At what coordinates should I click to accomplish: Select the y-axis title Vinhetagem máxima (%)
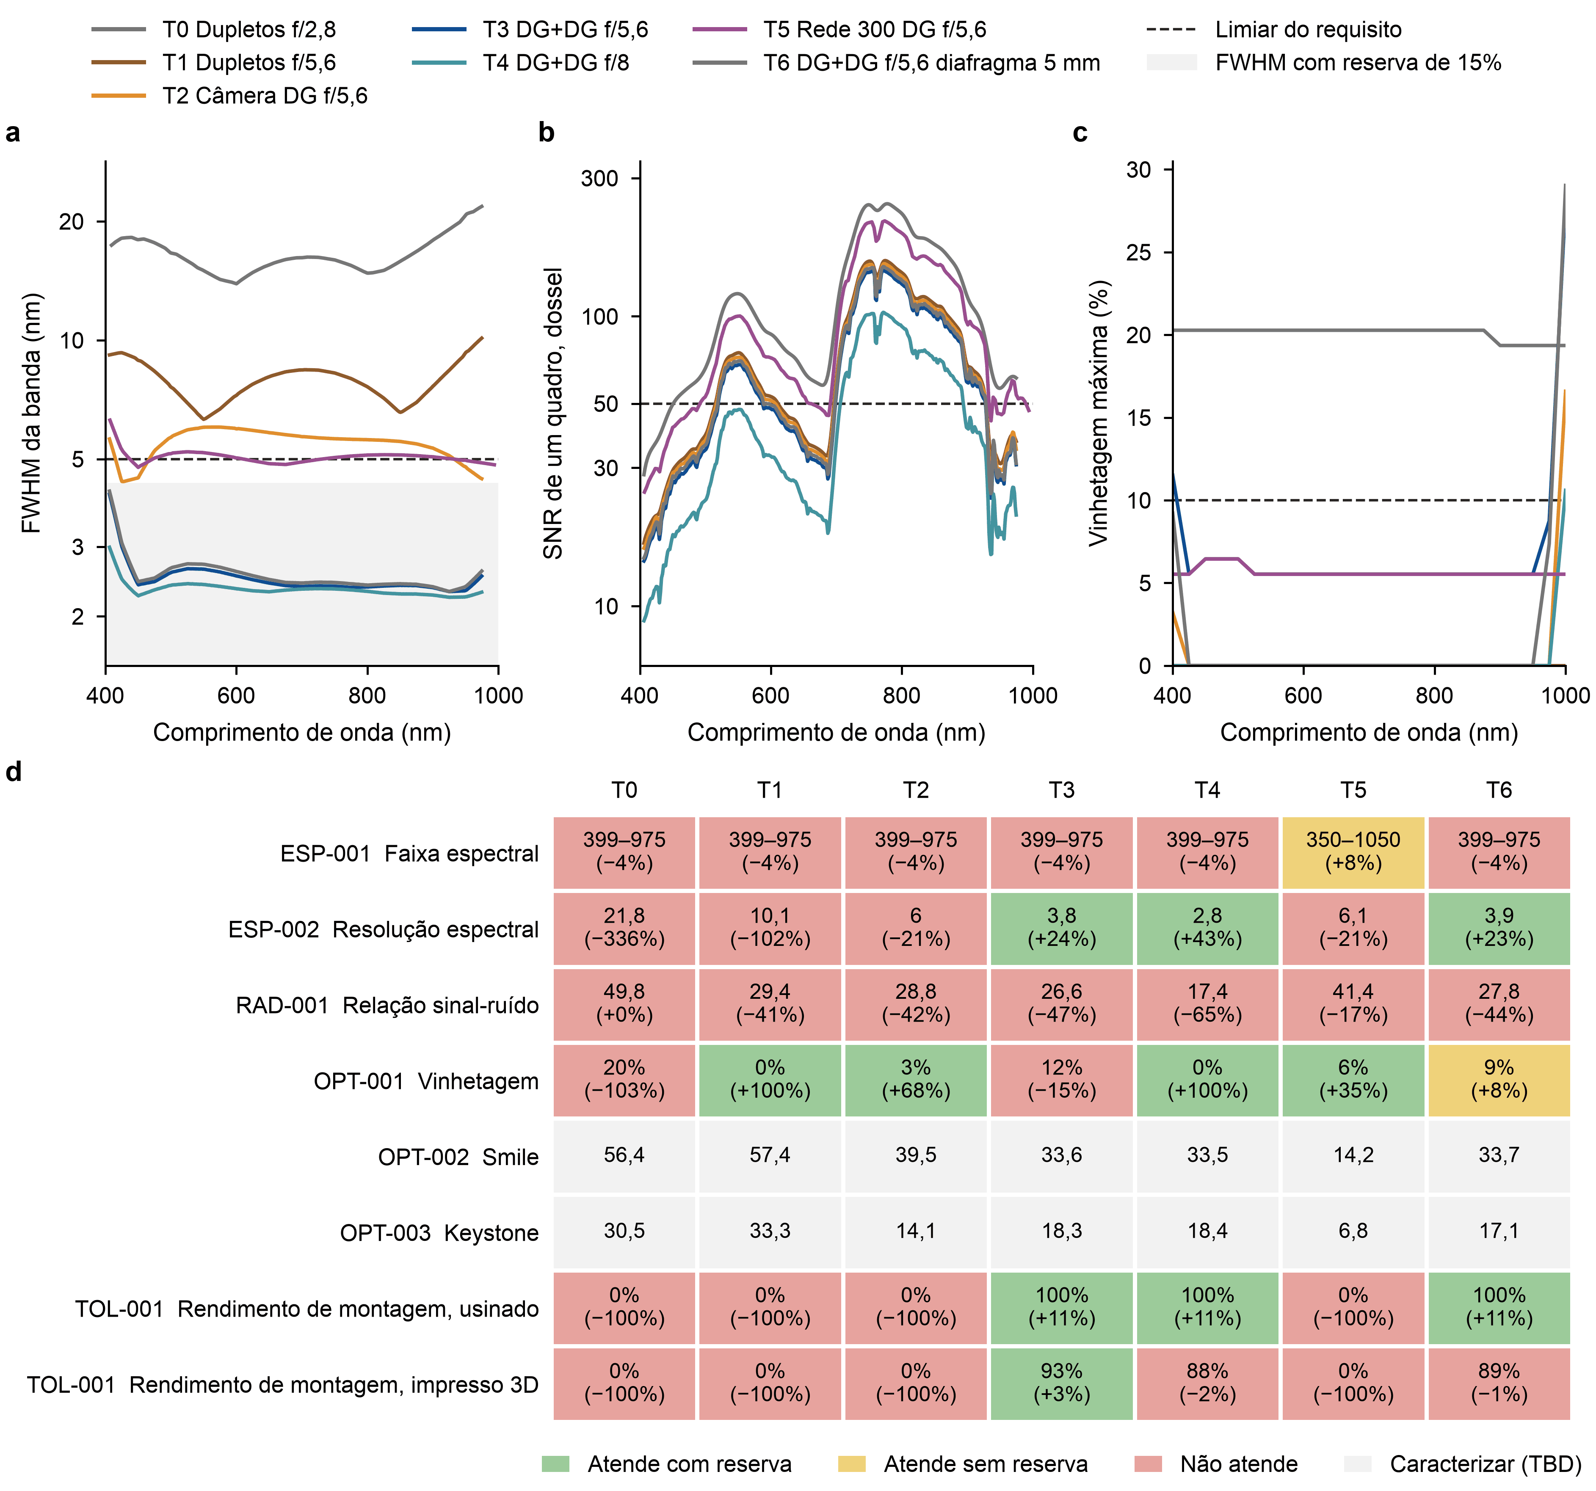(x=1098, y=413)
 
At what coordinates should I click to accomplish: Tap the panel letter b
(x=547, y=132)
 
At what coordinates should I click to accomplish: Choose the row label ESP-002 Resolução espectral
(x=383, y=929)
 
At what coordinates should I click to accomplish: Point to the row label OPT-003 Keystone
(x=439, y=1232)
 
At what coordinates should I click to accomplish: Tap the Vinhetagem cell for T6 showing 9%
(x=1499, y=1079)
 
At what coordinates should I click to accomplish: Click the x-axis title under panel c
(x=1369, y=733)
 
